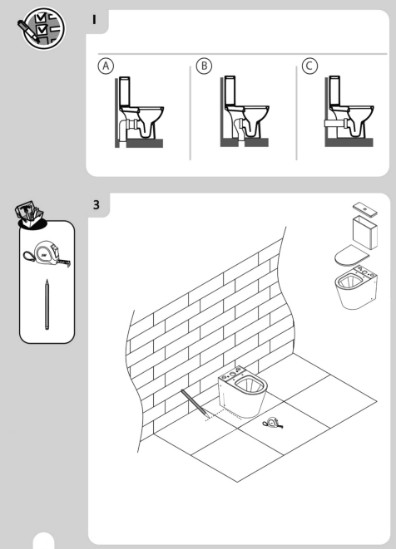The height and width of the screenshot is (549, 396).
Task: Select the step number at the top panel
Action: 97,22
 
